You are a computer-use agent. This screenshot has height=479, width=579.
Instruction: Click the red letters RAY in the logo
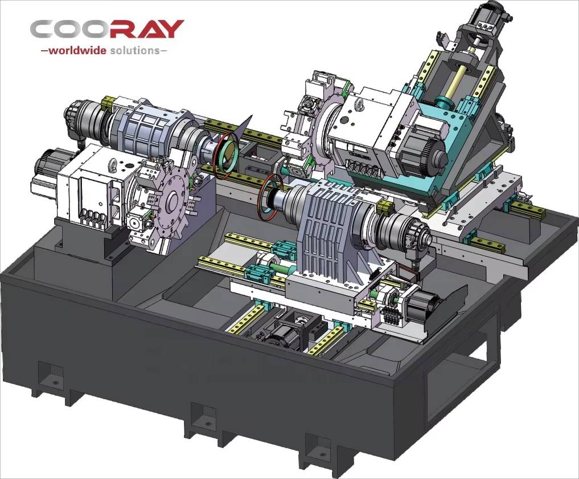point(147,29)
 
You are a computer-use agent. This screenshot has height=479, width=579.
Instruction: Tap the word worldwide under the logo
point(77,50)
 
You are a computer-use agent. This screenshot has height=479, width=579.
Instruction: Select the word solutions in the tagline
point(134,50)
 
